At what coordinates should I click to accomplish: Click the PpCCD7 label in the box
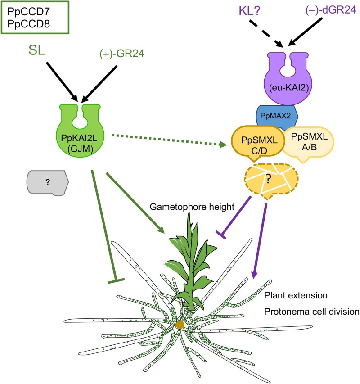click(x=29, y=11)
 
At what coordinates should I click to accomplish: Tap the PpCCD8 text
click(x=29, y=24)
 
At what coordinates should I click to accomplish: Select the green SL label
click(x=37, y=50)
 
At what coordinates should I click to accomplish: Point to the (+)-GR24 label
click(x=122, y=54)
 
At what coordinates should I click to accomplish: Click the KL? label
click(x=249, y=11)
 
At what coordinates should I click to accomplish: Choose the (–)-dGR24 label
click(x=331, y=10)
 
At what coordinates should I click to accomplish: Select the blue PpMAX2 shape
click(x=277, y=116)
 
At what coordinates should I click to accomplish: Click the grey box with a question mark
click(x=48, y=183)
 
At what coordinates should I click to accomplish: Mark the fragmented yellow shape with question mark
click(x=271, y=181)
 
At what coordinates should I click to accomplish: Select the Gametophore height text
click(x=192, y=207)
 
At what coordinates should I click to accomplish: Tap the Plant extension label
click(x=296, y=295)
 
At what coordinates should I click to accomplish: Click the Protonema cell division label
click(x=312, y=312)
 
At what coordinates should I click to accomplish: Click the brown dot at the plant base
click(x=180, y=325)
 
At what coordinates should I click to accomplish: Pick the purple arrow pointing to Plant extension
click(x=260, y=241)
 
